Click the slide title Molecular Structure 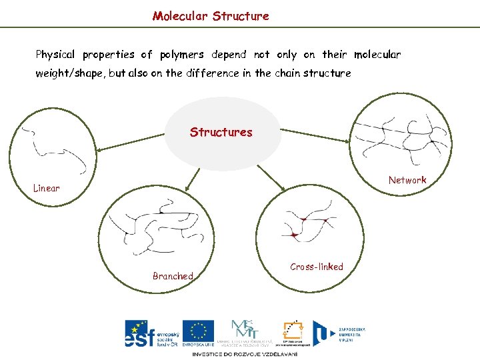[x=211, y=15]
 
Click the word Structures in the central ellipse [x=221, y=132]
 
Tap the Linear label [x=47, y=188]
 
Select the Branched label [x=173, y=276]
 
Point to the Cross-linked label [x=317, y=267]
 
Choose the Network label [x=407, y=180]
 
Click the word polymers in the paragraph [x=181, y=54]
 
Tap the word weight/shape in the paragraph [x=69, y=73]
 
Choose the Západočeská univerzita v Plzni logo [x=343, y=333]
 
